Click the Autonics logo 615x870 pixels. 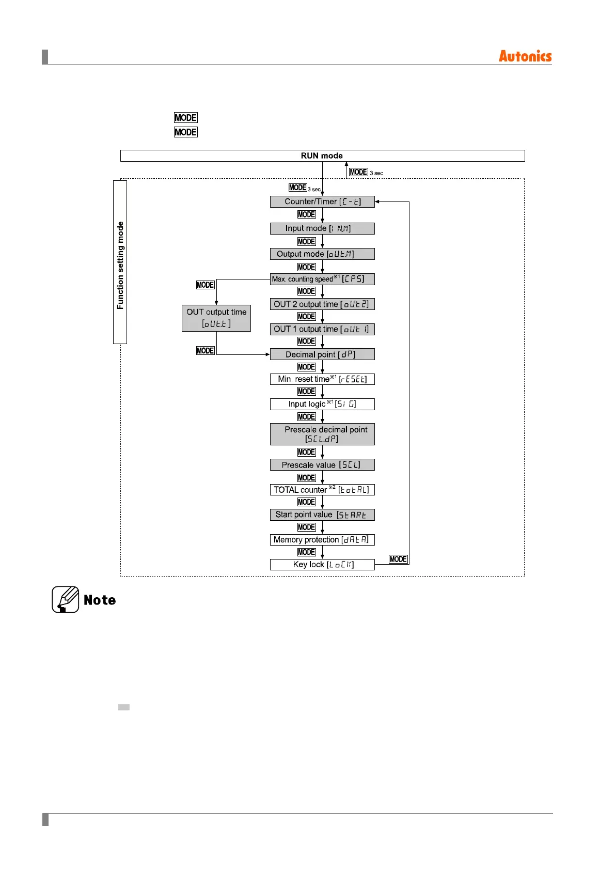pyautogui.click(x=525, y=56)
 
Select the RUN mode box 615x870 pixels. pyautogui.click(x=322, y=156)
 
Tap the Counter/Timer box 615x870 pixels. pyautogui.click(x=322, y=201)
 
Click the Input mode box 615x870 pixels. pyautogui.click(x=322, y=228)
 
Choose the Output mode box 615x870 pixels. pyautogui.click(x=322, y=254)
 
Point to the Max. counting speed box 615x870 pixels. pyautogui.click(x=322, y=279)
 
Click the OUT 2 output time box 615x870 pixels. pyautogui.click(x=322, y=304)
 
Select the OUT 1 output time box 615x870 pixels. pyautogui.click(x=322, y=329)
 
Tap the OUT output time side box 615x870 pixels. pyautogui.click(x=216, y=318)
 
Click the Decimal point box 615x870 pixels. pyautogui.click(x=322, y=354)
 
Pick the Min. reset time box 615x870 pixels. pyautogui.click(x=322, y=379)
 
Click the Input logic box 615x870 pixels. pyautogui.click(x=322, y=404)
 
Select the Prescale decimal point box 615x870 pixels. pyautogui.click(x=322, y=434)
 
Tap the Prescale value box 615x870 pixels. pyautogui.click(x=322, y=465)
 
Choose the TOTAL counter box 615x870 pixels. pyautogui.click(x=322, y=490)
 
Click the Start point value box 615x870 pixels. pyautogui.click(x=322, y=515)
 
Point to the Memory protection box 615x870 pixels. pyautogui.click(x=322, y=540)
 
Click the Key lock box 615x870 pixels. pyautogui.click(x=322, y=565)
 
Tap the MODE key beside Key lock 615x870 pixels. pyautogui.click(x=398, y=559)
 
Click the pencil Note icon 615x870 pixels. pyautogui.click(x=66, y=599)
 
